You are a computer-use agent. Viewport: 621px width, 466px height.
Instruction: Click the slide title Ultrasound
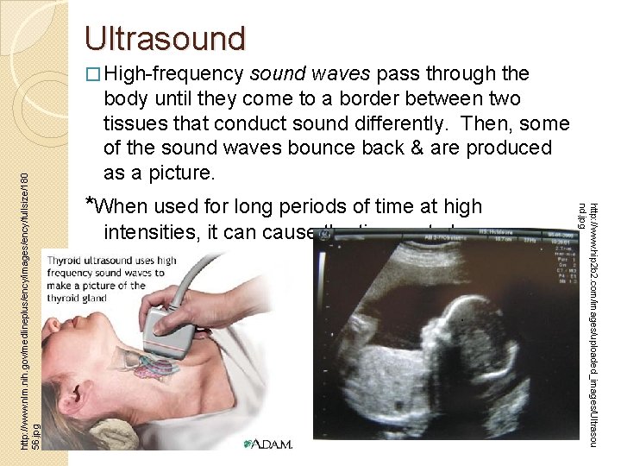coord(165,38)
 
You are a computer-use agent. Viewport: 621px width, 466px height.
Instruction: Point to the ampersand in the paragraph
coord(457,148)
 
